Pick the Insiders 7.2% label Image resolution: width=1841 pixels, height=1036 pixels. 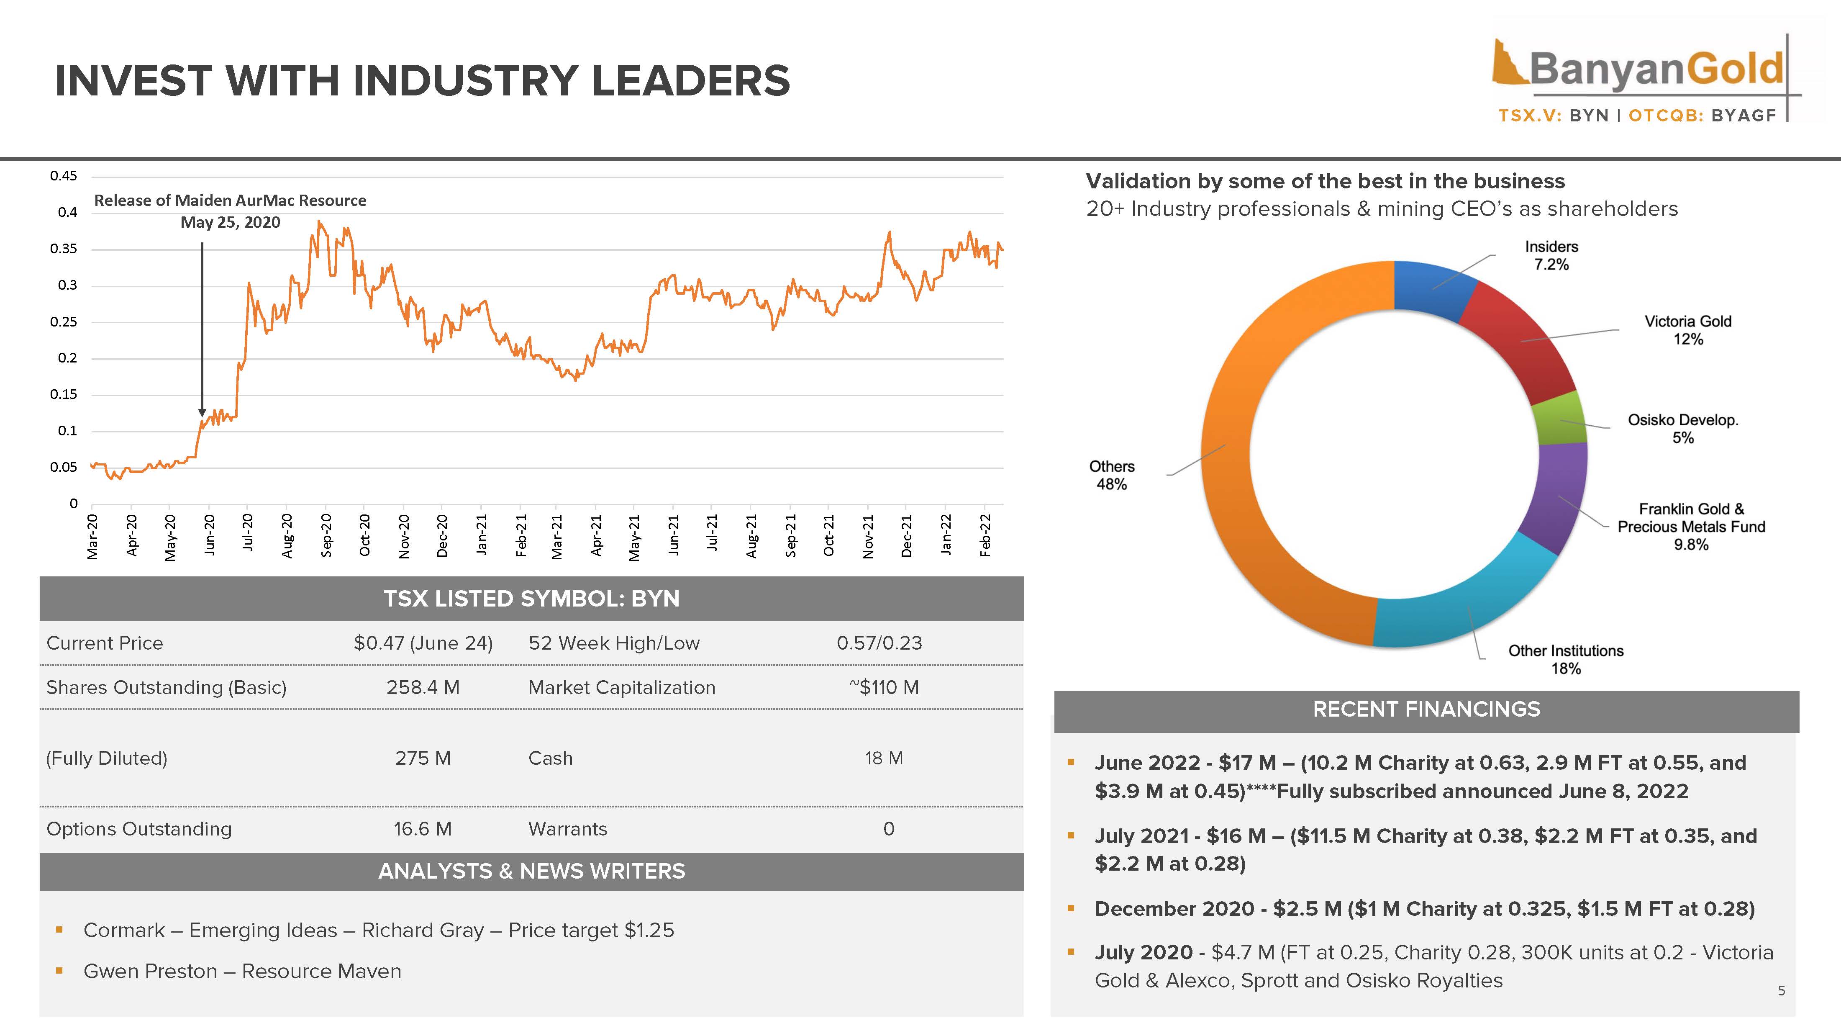pyautogui.click(x=1551, y=255)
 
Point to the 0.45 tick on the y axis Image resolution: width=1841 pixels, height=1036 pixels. pyautogui.click(x=64, y=176)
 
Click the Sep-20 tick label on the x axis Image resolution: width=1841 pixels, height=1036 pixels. pyautogui.click(x=326, y=535)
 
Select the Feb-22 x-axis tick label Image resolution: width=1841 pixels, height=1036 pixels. pyautogui.click(x=985, y=535)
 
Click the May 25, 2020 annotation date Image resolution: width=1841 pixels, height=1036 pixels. pyautogui.click(x=230, y=222)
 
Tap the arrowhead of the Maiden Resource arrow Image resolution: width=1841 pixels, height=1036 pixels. pyautogui.click(x=202, y=413)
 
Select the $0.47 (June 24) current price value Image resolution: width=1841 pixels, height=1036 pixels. pyautogui.click(x=423, y=643)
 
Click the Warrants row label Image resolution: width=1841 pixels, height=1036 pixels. pyautogui.click(x=567, y=829)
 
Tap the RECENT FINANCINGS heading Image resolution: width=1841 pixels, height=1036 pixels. pyautogui.click(x=1426, y=709)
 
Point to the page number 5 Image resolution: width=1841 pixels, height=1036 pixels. pyautogui.click(x=1781, y=991)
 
